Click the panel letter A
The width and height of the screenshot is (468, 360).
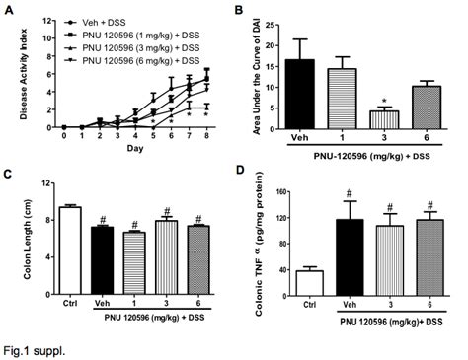coord(9,9)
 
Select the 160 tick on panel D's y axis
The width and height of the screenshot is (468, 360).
coord(298,189)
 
